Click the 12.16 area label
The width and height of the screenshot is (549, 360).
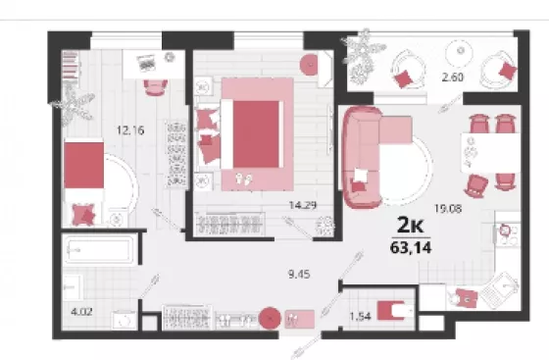point(130,130)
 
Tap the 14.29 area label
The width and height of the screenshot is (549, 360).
point(303,205)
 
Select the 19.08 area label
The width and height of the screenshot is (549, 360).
point(448,209)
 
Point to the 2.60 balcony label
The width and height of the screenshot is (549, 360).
point(453,77)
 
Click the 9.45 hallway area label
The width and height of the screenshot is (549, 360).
point(299,275)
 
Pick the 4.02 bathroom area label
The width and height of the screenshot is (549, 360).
point(81,311)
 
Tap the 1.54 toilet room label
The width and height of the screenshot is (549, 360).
point(361,317)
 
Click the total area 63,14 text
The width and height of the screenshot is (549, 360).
point(411,247)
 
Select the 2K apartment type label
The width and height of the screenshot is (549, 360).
point(410,225)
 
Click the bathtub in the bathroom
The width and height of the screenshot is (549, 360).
point(100,249)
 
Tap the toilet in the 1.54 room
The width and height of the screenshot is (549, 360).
point(394,311)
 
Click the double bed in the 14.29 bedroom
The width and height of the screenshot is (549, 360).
point(251,134)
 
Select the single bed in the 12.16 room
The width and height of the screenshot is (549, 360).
point(83,181)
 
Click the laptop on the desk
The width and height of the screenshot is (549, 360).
point(146,63)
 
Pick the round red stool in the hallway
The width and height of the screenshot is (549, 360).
point(270,319)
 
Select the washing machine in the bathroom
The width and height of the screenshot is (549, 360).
point(125,320)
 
